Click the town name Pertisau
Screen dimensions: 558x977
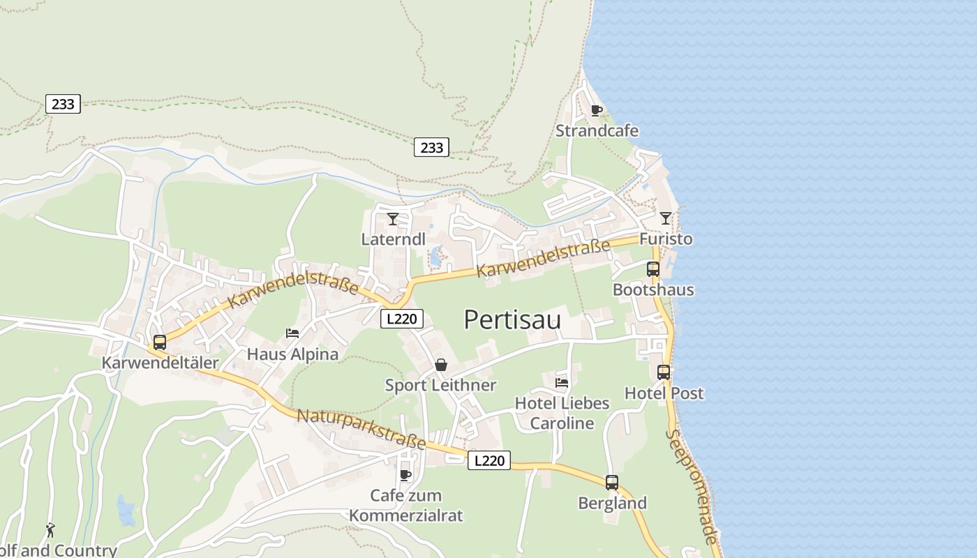pos(512,319)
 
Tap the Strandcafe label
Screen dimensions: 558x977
pos(597,130)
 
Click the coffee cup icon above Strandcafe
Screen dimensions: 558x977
pos(597,110)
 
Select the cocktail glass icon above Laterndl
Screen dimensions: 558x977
pos(393,219)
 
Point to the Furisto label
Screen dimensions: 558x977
pos(666,239)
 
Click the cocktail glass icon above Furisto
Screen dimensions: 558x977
pos(666,218)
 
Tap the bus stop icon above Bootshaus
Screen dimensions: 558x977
pos(653,269)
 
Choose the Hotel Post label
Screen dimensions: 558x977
pos(664,393)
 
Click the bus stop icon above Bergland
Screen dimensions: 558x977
pos(612,483)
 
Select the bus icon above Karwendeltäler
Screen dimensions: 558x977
pos(160,342)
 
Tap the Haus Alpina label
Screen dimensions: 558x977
pos(292,354)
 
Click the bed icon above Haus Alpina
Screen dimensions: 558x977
pos(292,333)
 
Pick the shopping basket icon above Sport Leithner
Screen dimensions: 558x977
pos(441,365)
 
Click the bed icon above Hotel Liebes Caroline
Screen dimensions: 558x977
pos(562,382)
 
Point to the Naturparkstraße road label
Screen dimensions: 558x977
pos(361,430)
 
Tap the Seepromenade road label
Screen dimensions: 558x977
pos(691,486)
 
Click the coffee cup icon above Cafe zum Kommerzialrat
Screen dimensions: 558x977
pos(405,475)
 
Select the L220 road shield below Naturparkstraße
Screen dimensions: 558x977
pos(489,460)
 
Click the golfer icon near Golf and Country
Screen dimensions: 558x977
pos(50,530)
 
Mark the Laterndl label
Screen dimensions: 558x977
pos(393,239)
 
